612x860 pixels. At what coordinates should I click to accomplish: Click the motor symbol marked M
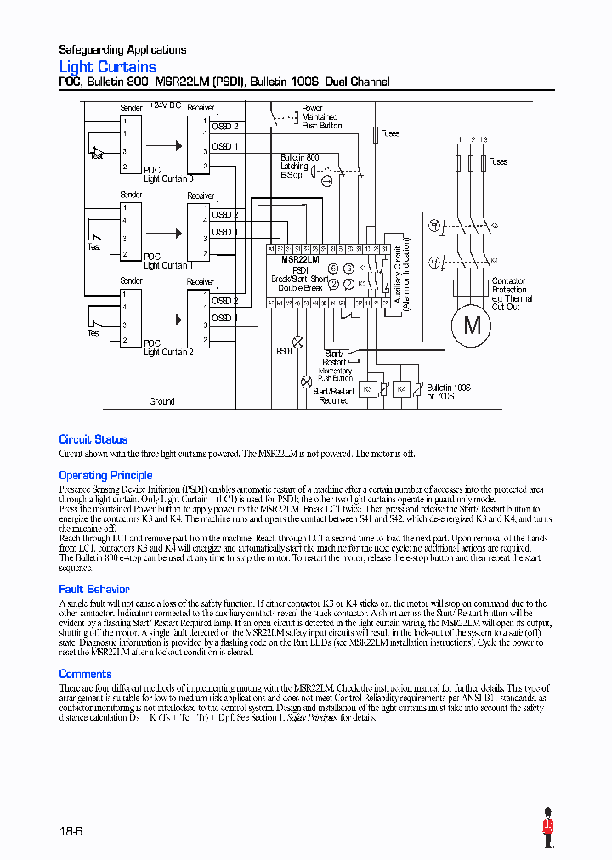pos(473,325)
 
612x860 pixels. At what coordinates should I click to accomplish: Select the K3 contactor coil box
pos(368,388)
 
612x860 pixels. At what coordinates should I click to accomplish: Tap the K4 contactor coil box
pos(403,388)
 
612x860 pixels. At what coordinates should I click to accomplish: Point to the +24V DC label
pos(165,105)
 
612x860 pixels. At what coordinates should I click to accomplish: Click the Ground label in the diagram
pos(161,401)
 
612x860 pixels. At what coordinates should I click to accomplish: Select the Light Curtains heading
pos(107,66)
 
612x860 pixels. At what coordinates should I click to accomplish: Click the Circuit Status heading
pos(93,439)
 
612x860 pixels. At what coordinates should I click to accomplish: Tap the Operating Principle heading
pos(105,475)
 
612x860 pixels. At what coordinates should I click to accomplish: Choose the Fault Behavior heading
pos(93,589)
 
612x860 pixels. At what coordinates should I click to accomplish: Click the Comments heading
pos(85,674)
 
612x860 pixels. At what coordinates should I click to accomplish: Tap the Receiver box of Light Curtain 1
pos(198,230)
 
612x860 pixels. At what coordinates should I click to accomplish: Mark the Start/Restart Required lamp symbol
pos(306,382)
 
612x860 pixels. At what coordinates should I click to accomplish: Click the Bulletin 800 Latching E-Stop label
pos(299,166)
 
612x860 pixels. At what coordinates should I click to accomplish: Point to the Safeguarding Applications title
pos(122,49)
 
